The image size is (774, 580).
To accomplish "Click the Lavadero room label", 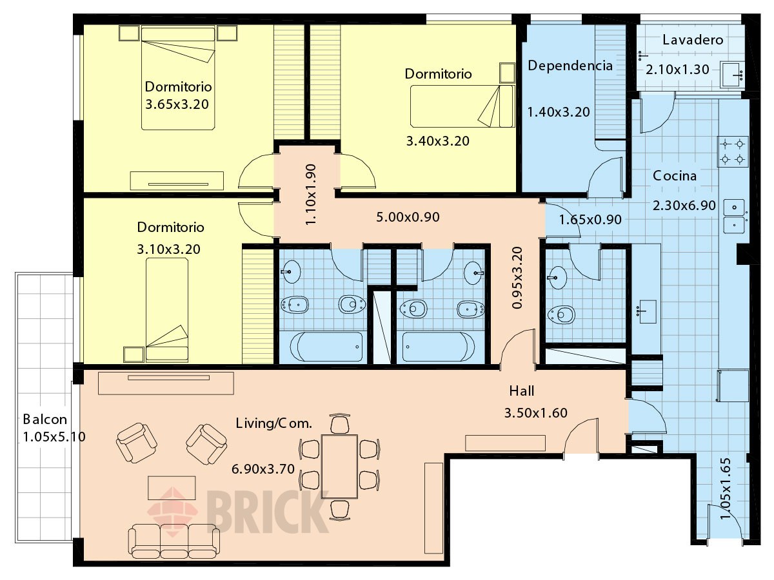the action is pyautogui.click(x=693, y=40).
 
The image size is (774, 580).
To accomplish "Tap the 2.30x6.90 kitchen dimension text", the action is pyautogui.click(x=684, y=206).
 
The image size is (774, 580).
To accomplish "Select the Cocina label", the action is pyautogui.click(x=675, y=176).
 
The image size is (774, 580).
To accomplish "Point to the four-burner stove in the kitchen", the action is pyautogui.click(x=733, y=152).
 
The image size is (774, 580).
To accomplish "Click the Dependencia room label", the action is pyautogui.click(x=570, y=66).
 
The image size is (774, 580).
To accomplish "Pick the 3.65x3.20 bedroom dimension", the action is pyautogui.click(x=177, y=104).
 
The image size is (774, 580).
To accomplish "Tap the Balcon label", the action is pyautogui.click(x=45, y=420).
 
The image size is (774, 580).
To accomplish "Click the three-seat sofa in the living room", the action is pyautogui.click(x=174, y=541).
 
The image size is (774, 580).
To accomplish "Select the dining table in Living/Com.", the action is pyautogui.click(x=339, y=467).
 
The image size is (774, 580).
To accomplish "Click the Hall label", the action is pyautogui.click(x=522, y=391).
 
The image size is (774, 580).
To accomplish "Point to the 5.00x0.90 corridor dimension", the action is pyautogui.click(x=408, y=217).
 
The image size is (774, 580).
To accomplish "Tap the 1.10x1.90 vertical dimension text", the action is pyautogui.click(x=311, y=195).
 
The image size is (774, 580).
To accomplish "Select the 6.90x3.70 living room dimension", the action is pyautogui.click(x=263, y=469).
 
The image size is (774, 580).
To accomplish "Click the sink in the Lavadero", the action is pyautogui.click(x=732, y=75).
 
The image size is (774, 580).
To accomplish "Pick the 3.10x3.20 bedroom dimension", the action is pyautogui.click(x=168, y=249).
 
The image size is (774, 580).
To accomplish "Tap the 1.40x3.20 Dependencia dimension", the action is pyautogui.click(x=559, y=112).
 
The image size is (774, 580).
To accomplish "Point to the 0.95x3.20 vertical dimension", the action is pyautogui.click(x=517, y=278).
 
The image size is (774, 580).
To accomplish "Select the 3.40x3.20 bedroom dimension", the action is pyautogui.click(x=438, y=141).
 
